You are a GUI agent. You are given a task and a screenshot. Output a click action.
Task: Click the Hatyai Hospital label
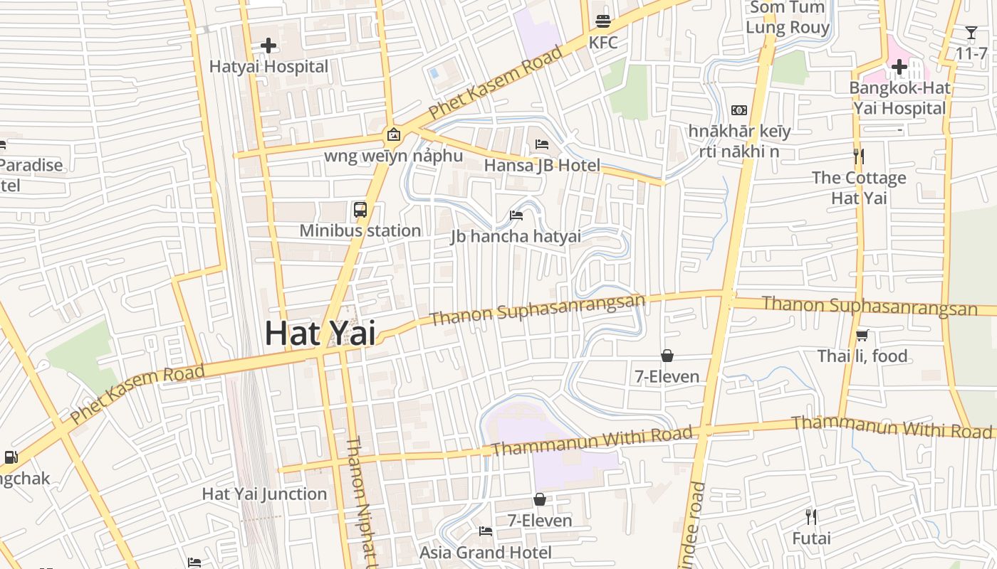(x=268, y=67)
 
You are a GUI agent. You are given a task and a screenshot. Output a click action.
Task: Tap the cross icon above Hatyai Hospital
(x=268, y=46)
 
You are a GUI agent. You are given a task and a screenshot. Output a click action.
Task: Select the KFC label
(x=602, y=43)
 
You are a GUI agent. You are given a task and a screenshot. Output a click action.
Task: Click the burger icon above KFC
(x=603, y=21)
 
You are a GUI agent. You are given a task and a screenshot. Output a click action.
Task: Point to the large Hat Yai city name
(x=320, y=334)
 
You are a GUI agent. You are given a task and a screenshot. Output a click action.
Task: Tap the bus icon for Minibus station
(x=360, y=210)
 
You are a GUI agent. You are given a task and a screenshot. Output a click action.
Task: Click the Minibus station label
(x=360, y=230)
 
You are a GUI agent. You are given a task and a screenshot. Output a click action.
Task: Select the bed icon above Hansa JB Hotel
(x=542, y=144)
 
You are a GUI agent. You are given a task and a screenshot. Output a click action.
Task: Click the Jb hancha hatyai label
(x=516, y=236)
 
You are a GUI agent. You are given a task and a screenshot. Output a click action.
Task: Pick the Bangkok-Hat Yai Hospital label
(x=899, y=98)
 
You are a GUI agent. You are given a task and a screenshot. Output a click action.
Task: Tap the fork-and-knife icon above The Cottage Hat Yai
(x=859, y=156)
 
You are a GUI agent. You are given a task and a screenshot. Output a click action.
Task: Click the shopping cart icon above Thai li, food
(x=862, y=335)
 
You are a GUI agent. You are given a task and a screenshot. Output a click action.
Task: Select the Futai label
(x=811, y=538)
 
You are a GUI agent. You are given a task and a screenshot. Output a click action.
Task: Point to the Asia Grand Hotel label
(x=486, y=553)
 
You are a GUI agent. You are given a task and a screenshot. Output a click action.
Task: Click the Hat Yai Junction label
(x=264, y=494)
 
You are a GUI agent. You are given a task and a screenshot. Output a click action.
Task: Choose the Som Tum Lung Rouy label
(x=787, y=18)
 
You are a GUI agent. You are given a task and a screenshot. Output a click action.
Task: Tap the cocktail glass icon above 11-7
(x=971, y=33)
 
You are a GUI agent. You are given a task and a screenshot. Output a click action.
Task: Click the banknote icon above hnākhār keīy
(x=739, y=110)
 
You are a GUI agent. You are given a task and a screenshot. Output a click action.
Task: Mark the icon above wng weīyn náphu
(x=393, y=134)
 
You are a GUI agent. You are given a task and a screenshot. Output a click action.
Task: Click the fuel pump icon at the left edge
(x=11, y=457)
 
